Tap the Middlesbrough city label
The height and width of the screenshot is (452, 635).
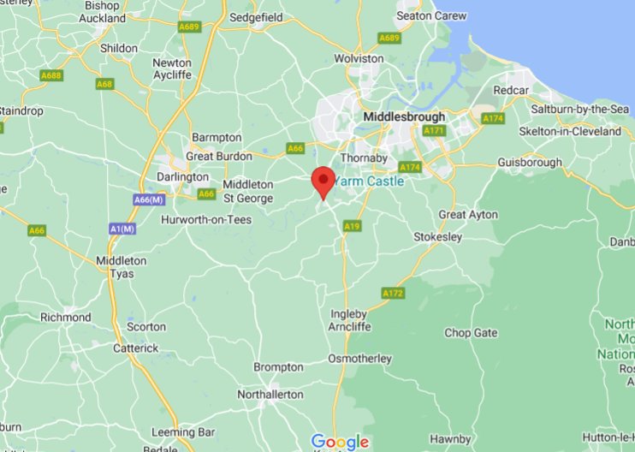coord(404,116)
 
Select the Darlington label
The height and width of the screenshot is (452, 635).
coord(183,177)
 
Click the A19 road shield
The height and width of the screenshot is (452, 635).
coord(351,226)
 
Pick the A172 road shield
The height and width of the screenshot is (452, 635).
coord(393,294)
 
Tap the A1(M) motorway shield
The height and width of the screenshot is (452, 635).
coord(123,229)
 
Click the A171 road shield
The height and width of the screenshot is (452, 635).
coord(435,130)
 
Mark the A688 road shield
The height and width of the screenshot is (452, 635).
coord(51,76)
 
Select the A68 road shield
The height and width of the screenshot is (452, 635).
coord(105,84)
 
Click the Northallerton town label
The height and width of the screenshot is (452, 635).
coord(270,395)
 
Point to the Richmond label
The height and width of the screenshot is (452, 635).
coord(66,318)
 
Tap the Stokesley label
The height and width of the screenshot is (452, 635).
coord(437,236)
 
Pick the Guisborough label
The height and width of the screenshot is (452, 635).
coord(530,163)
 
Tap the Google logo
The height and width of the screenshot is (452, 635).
coord(340,442)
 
